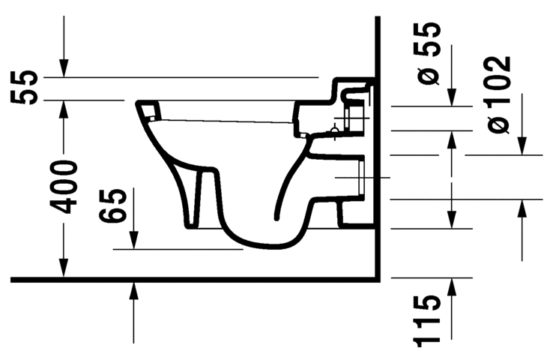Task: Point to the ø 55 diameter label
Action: (429, 54)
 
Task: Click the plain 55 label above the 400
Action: (25, 88)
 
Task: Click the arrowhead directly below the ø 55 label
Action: (452, 99)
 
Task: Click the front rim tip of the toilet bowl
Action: (141, 104)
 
